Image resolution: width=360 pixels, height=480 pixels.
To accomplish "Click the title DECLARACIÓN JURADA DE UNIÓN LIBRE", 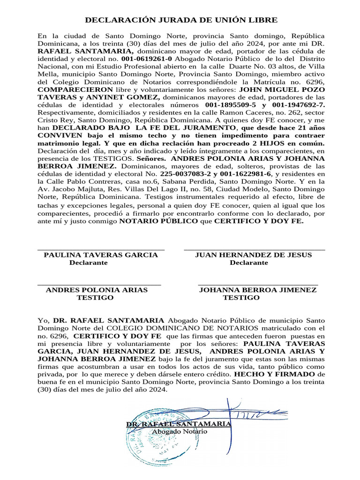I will click(x=181, y=20).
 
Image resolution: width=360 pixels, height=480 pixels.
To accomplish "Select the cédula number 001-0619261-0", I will click(x=147, y=59).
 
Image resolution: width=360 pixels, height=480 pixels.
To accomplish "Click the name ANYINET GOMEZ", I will click(x=134, y=97).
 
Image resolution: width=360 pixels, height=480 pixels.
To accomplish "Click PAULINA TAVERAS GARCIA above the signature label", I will click(x=101, y=255).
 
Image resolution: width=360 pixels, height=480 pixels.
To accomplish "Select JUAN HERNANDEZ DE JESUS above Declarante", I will click(x=253, y=255).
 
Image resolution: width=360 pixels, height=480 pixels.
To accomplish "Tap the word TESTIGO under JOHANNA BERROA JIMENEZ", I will click(x=241, y=298).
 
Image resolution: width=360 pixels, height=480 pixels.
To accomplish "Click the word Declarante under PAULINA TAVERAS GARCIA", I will click(x=89, y=263).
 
